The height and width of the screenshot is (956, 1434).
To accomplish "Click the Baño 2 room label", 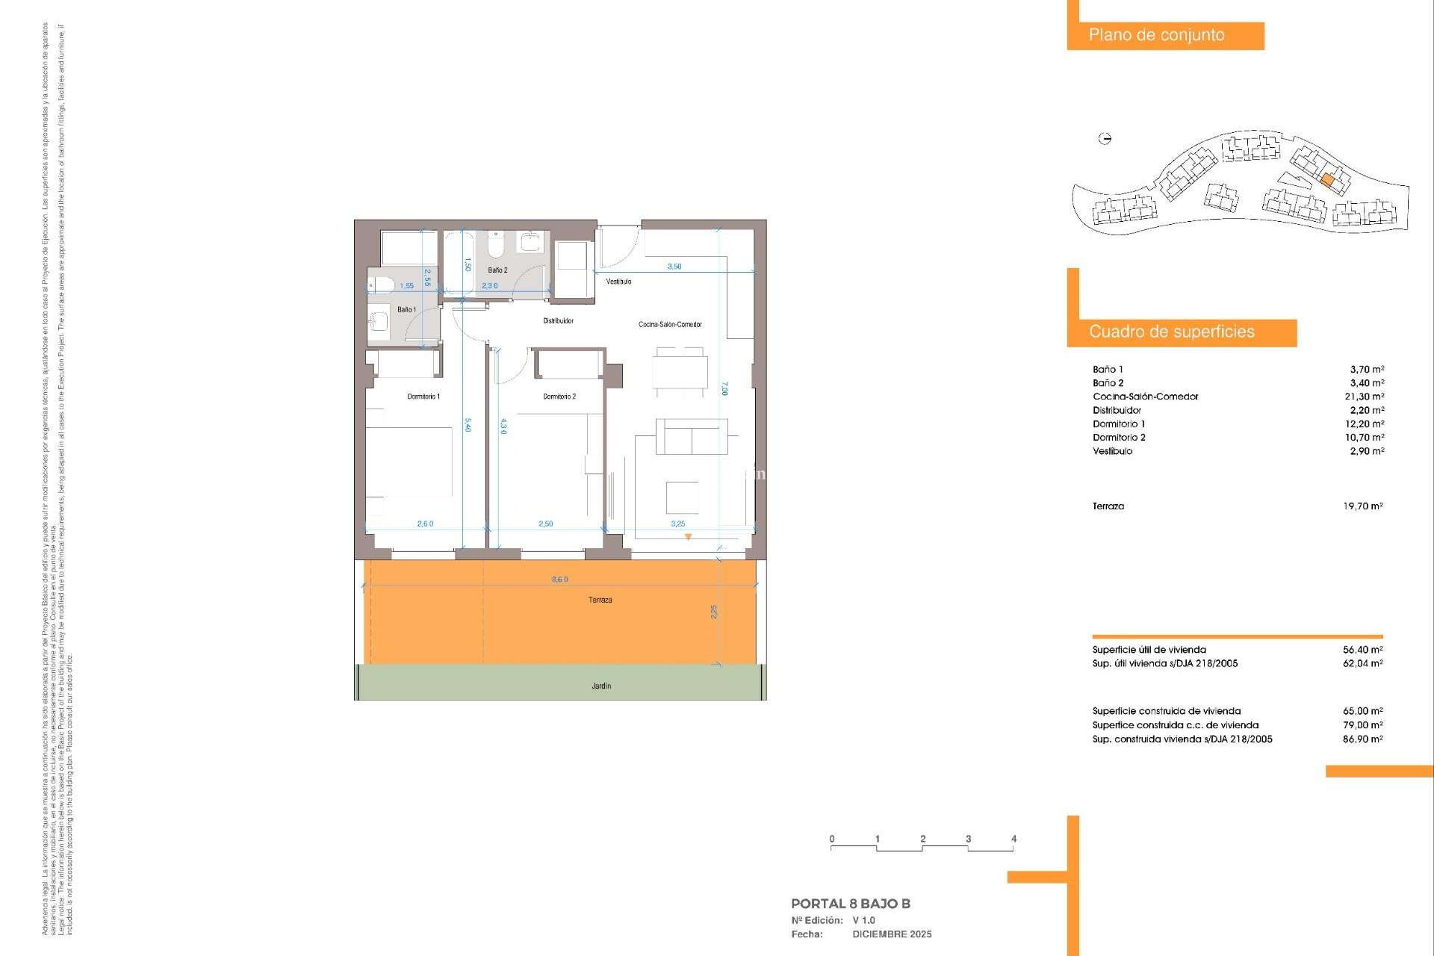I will pos(497,270).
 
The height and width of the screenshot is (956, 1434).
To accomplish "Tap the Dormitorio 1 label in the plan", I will pos(423,397).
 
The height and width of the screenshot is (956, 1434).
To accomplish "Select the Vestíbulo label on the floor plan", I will pos(618,282).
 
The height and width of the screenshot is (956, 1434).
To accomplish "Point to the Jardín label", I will pos(601,686).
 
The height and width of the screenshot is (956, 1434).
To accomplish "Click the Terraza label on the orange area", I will pos(600,600).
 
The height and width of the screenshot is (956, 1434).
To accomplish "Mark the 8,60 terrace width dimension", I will pos(559,580).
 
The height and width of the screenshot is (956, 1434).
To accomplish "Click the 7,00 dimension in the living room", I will pos(724,388).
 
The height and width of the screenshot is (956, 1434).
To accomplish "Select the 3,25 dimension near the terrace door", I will pos(677,524).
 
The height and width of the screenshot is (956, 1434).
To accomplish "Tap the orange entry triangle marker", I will pos(688,537).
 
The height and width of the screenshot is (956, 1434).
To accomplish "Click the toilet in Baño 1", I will pos(380,285).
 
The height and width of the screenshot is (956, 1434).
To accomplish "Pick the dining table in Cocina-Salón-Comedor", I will pos(680,371).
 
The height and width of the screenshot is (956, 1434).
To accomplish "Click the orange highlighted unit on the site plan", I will pos(1327,180).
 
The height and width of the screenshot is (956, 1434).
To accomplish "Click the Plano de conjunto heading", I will pos(1156,35).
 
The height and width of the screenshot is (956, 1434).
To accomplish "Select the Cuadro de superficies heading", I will pos(1171,332).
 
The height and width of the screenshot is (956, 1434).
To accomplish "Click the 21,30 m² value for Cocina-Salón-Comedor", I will pos(1364,397).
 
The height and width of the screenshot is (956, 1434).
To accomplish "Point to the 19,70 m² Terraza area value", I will pos(1362,506).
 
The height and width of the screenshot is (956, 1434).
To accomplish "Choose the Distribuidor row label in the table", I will pos(1117,410).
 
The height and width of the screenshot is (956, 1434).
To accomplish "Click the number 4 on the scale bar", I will pos(1014,839).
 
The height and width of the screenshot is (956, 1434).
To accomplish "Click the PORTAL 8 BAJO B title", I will pos(850,904).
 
